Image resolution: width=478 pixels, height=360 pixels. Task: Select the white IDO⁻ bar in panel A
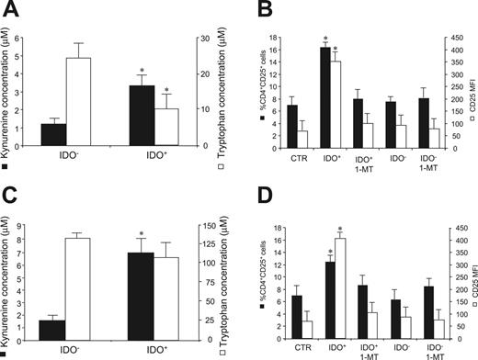click(78, 101)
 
